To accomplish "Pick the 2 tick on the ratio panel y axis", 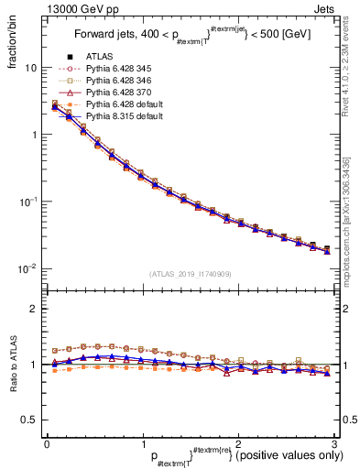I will [34, 309].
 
